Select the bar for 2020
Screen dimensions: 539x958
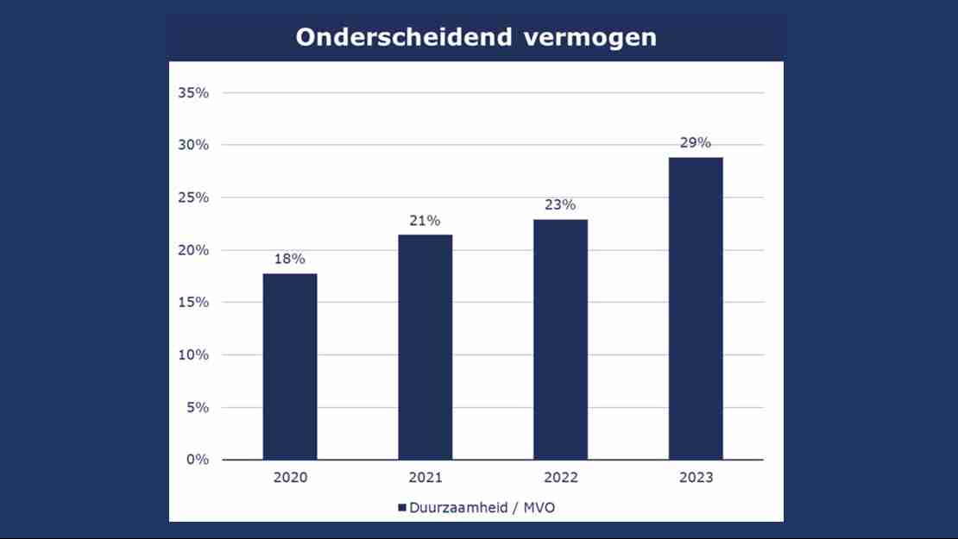coord(290,367)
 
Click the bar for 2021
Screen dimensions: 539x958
coord(425,347)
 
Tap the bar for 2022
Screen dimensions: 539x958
coord(560,340)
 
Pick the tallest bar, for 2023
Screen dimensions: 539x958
coord(696,309)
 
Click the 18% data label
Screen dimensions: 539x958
coord(290,259)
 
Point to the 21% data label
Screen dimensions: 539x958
coord(425,220)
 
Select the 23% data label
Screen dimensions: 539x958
coord(560,205)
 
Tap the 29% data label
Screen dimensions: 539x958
coord(696,142)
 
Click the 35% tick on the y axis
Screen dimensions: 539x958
coord(193,92)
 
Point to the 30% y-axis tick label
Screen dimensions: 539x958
coord(193,145)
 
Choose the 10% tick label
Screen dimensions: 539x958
coord(193,354)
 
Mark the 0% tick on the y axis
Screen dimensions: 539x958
coord(197,460)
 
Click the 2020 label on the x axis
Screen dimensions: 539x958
coord(290,478)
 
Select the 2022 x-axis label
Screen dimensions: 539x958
coord(560,478)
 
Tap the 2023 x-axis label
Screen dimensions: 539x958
coord(696,478)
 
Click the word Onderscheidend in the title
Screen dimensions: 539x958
coord(404,38)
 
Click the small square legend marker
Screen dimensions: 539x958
coord(402,508)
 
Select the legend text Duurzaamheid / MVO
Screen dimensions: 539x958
coord(482,508)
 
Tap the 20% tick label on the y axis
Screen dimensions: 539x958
coord(193,250)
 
